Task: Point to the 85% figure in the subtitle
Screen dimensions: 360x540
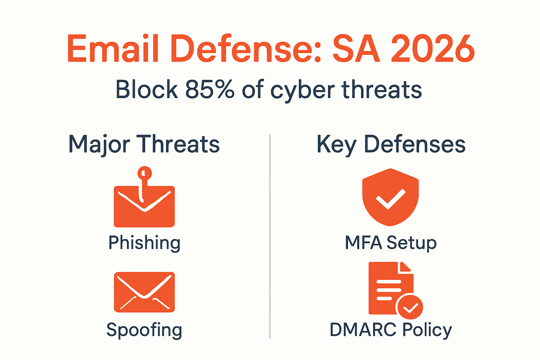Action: pos(210,90)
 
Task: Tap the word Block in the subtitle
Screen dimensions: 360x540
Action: pos(147,90)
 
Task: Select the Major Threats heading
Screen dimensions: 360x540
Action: pos(144,144)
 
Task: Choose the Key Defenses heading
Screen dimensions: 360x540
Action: pos(391,144)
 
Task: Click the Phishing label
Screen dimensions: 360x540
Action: pos(144,243)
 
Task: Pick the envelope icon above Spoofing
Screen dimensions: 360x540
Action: pos(144,292)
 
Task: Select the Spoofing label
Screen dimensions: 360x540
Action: pos(144,330)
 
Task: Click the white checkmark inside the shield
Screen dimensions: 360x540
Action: pos(390,199)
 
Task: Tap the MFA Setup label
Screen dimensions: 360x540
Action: pos(391,243)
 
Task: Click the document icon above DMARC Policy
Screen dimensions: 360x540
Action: pos(387,287)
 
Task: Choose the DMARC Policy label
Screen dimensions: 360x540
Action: pos(391,330)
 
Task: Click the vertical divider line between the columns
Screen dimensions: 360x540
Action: pos(270,236)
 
